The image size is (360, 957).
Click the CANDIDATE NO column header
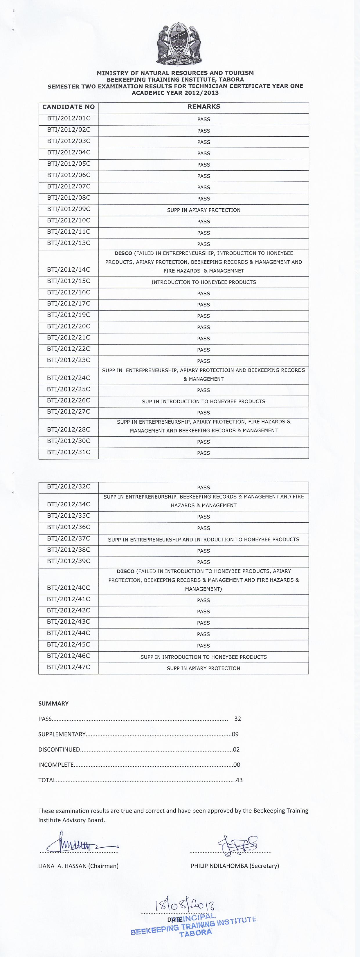tap(69, 107)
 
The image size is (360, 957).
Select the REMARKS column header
tap(204, 106)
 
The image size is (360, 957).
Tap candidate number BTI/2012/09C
tap(69, 209)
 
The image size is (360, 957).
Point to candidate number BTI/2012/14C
tap(69, 270)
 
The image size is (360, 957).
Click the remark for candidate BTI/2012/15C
tap(204, 282)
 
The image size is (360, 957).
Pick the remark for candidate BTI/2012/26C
tap(204, 402)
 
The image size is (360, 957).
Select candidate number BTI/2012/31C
tap(69, 452)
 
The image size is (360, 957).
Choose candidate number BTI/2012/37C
tap(69, 539)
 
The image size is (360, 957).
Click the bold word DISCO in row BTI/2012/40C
tap(126, 571)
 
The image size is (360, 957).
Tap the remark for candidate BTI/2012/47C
tap(204, 668)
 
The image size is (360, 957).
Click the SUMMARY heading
tap(53, 704)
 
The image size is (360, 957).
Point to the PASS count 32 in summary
tap(238, 719)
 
